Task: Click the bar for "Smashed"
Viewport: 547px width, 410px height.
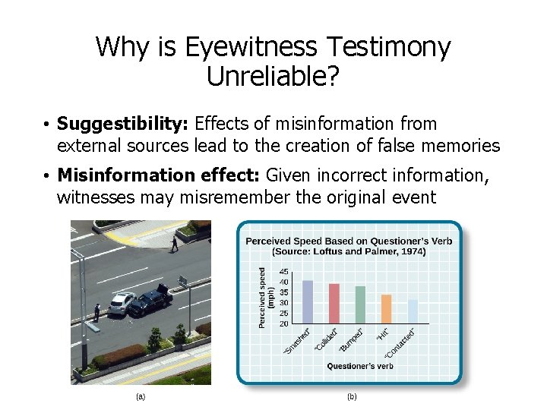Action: point(308,302)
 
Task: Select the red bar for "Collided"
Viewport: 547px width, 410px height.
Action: point(334,304)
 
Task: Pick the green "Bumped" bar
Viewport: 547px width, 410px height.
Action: point(360,305)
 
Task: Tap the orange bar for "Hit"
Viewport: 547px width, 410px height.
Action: point(386,309)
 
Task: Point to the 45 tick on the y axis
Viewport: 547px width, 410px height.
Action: point(284,272)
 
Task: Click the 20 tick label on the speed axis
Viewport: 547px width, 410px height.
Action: point(284,323)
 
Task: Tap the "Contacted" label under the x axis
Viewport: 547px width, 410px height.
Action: point(400,343)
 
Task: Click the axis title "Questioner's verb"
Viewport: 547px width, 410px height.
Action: point(360,366)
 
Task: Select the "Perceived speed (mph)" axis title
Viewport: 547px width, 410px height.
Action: point(265,298)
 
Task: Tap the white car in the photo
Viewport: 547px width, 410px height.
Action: point(121,304)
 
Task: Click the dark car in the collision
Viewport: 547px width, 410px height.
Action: point(151,301)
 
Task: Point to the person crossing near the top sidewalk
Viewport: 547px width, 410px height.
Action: point(174,243)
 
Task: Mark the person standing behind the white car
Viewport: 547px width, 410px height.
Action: point(97,311)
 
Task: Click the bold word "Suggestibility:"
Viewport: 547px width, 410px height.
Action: point(124,124)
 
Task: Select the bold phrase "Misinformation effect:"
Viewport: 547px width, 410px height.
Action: point(159,176)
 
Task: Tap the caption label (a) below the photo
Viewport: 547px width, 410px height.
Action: point(140,396)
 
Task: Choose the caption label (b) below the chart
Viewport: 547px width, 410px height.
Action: point(352,396)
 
